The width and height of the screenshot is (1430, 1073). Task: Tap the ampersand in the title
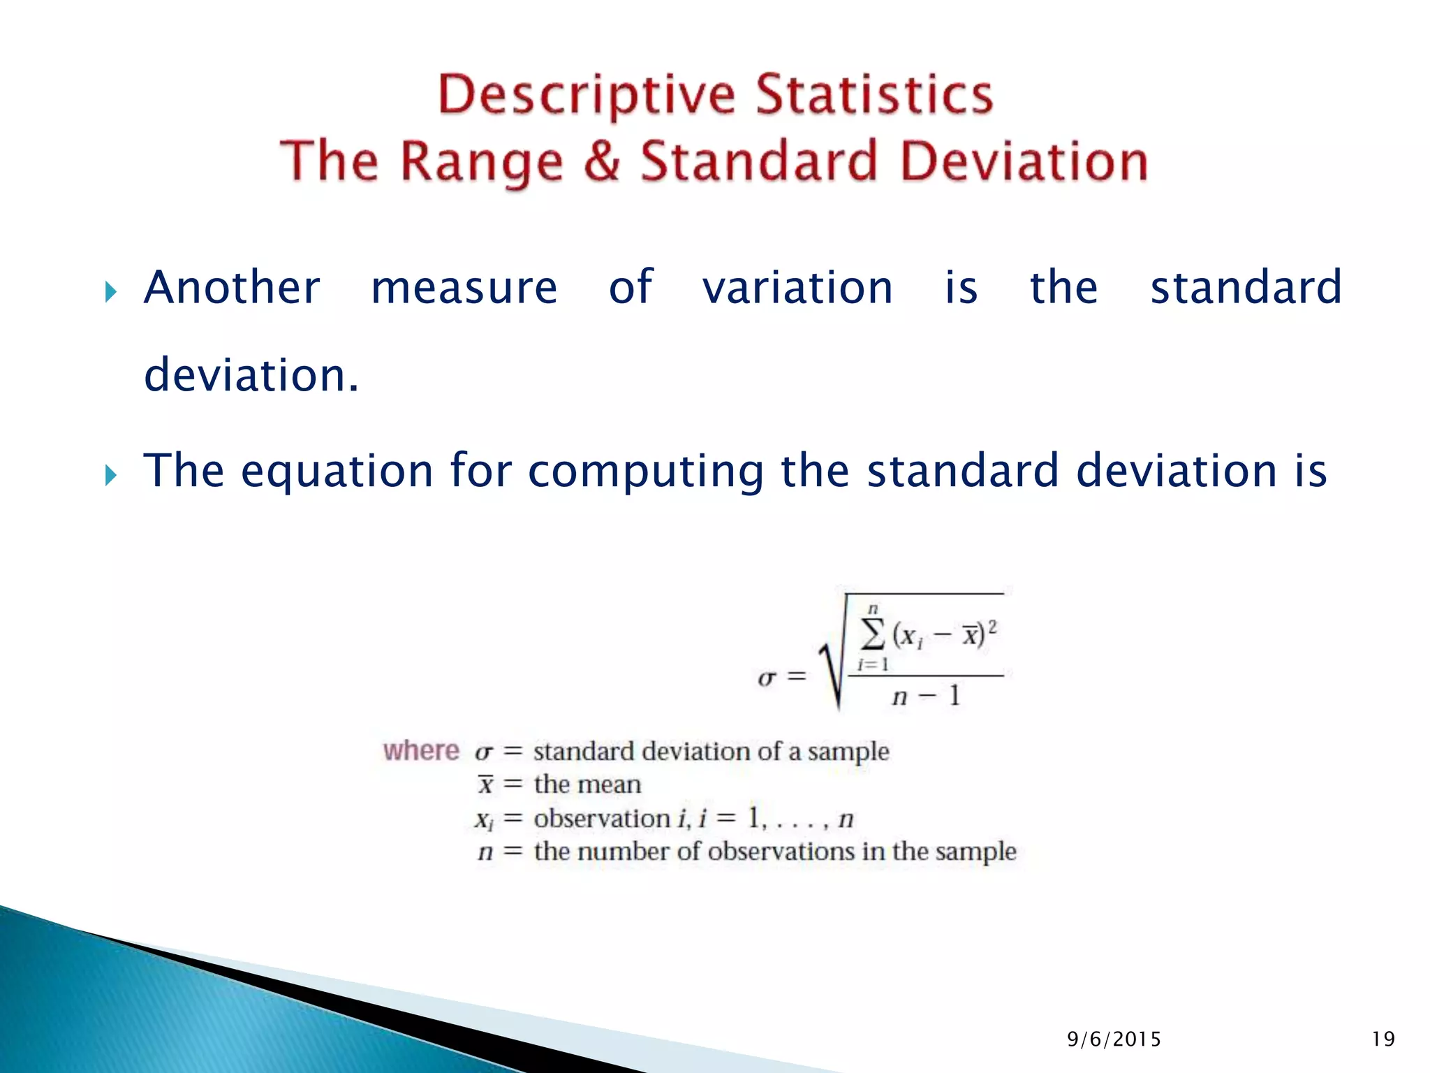[x=601, y=161]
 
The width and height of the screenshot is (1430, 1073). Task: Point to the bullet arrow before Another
[x=110, y=291]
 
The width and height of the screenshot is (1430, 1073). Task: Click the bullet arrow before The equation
[x=110, y=475]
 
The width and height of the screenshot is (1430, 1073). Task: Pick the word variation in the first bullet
[x=797, y=287]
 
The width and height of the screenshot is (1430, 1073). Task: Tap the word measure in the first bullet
[x=464, y=287]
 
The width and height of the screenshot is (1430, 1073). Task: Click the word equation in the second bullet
[x=337, y=472]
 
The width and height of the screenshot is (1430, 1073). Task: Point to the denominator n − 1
[x=926, y=696]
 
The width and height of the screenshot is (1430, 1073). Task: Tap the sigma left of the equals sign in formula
[x=767, y=678]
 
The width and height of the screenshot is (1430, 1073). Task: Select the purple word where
[x=421, y=751]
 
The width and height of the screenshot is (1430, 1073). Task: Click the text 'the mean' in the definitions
[x=587, y=784]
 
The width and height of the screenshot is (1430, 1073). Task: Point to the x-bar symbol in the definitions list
[x=485, y=784]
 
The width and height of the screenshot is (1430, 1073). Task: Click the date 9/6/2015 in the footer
[x=1114, y=1039]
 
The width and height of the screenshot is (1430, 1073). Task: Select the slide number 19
[x=1383, y=1039]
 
